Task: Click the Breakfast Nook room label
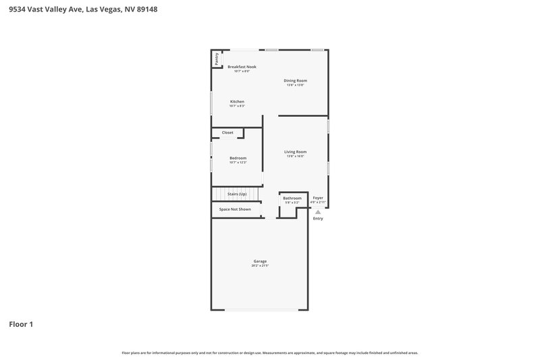point(242,67)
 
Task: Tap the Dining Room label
point(296,80)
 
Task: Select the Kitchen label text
point(237,101)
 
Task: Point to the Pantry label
point(217,59)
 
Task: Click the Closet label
point(227,132)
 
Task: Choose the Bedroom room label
point(238,158)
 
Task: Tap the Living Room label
point(296,152)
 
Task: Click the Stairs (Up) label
point(237,194)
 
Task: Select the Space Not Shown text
point(235,209)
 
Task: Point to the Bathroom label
point(292,198)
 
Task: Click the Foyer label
point(318,198)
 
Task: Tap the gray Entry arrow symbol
point(318,211)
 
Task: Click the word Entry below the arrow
point(318,218)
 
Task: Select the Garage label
point(260,261)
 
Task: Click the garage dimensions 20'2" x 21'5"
point(260,265)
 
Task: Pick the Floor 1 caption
point(21,324)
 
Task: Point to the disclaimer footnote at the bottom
point(270,353)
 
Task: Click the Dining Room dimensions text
point(296,85)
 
